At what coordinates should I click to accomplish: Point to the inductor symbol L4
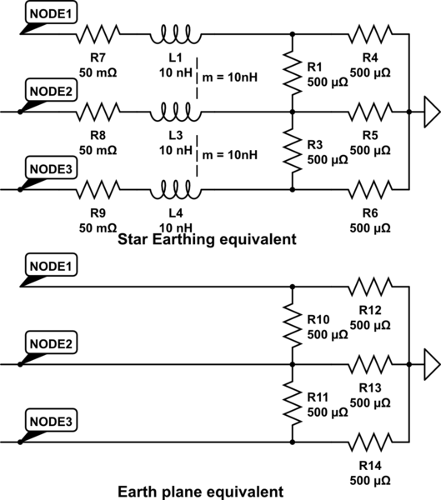[x=174, y=189]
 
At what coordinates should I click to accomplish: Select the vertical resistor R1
[x=293, y=72]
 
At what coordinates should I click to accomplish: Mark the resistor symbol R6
[x=371, y=189]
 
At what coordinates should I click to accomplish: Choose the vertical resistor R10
[x=293, y=325]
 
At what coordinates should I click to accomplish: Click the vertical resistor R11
[x=293, y=403]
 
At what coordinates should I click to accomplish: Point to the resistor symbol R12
[x=371, y=287]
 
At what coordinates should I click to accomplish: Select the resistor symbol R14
[x=371, y=442]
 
